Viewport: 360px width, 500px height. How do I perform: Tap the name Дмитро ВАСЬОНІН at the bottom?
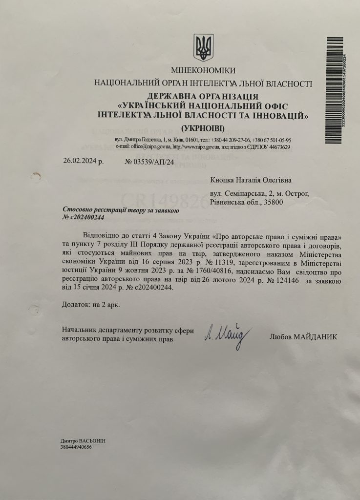pos(83,441)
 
